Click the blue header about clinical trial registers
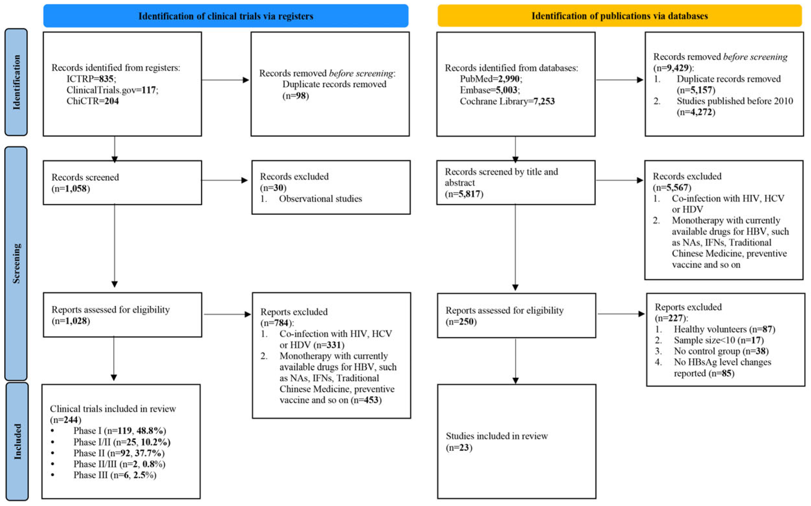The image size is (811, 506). pyautogui.click(x=226, y=16)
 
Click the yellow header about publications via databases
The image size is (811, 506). pyautogui.click(x=619, y=16)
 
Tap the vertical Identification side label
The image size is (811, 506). pyautogui.click(x=16, y=82)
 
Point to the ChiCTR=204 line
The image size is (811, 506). pyautogui.click(x=93, y=101)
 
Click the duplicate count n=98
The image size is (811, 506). pyautogui.click(x=295, y=96)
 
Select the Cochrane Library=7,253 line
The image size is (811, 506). pyautogui.click(x=507, y=101)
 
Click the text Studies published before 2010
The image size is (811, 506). pyautogui.click(x=735, y=101)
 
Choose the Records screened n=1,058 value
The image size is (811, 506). pyautogui.click(x=71, y=189)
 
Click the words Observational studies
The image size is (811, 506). pyautogui.click(x=320, y=198)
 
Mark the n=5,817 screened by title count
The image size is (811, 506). pyautogui.click(x=464, y=194)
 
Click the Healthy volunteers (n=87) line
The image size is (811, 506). pyautogui.click(x=724, y=329)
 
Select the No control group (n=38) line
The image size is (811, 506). pyautogui.click(x=721, y=351)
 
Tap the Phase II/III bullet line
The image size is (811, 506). pyautogui.click(x=119, y=464)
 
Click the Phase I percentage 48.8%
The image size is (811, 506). pyautogui.click(x=151, y=430)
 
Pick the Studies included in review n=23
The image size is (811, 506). pyautogui.click(x=459, y=448)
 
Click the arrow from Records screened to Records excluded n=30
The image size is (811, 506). pyautogui.click(x=224, y=180)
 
